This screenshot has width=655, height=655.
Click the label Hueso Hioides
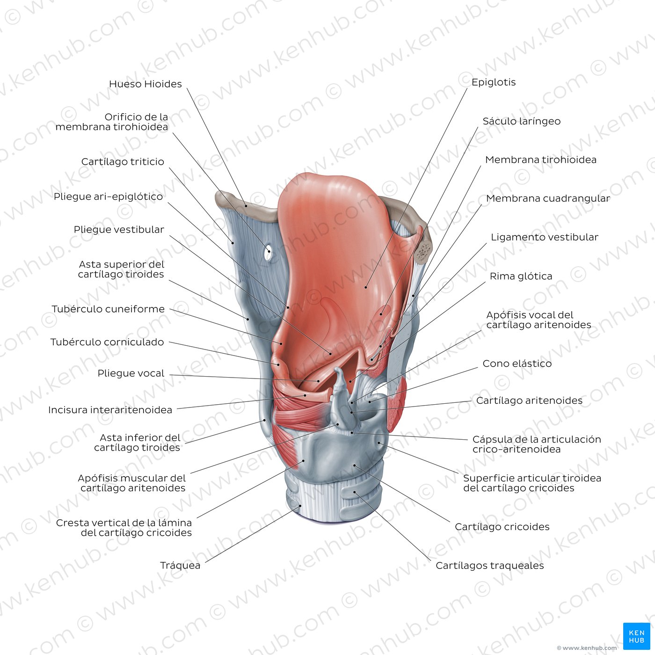pyautogui.click(x=146, y=84)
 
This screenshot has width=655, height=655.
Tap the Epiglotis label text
pyautogui.click(x=494, y=82)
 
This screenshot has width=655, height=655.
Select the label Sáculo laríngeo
pyautogui.click(x=521, y=121)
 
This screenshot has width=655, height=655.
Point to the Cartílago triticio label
pyautogui.click(x=123, y=162)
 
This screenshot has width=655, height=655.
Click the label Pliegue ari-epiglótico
pyautogui.click(x=109, y=197)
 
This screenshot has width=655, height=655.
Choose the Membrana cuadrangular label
pyautogui.click(x=548, y=198)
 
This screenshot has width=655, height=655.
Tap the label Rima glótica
pyautogui.click(x=521, y=277)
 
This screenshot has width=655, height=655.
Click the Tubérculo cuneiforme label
pyautogui.click(x=108, y=309)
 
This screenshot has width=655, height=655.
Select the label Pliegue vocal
pyautogui.click(x=131, y=373)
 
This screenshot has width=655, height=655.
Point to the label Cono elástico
pyautogui.click(x=517, y=364)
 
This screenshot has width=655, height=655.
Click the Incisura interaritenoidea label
pyautogui.click(x=110, y=410)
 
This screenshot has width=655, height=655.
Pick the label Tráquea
pyautogui.click(x=180, y=566)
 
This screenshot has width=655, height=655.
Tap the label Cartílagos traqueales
pyautogui.click(x=490, y=566)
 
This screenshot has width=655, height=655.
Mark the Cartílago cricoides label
pyautogui.click(x=502, y=527)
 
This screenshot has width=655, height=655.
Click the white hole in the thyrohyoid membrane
pyautogui.click(x=268, y=253)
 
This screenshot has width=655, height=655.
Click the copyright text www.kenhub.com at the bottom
pyautogui.click(x=587, y=648)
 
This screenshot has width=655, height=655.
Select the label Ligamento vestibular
pyautogui.click(x=545, y=237)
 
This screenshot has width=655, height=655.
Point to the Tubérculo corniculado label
pyautogui.click(x=107, y=342)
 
